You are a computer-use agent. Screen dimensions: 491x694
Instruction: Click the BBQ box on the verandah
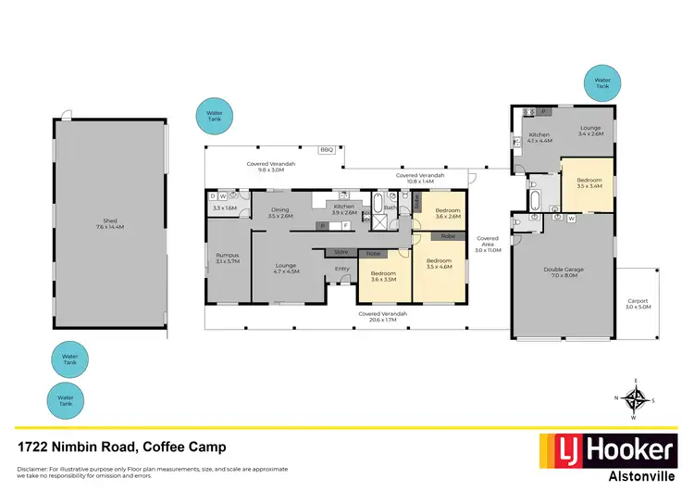(326, 150)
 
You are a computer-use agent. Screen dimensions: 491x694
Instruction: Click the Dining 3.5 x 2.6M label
(280, 212)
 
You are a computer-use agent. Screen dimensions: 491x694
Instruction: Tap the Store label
(341, 251)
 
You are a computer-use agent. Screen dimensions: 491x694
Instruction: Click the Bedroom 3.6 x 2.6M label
(448, 214)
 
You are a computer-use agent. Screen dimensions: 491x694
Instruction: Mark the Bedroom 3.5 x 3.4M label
(589, 183)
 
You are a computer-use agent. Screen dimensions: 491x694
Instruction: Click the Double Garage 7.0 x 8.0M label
(563, 273)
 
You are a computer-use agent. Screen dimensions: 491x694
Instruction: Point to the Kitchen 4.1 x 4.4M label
(539, 138)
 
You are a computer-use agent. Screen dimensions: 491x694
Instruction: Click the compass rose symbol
(635, 399)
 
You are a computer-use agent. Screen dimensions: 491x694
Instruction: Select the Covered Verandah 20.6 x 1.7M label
(383, 316)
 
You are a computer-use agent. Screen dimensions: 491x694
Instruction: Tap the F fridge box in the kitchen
(345, 225)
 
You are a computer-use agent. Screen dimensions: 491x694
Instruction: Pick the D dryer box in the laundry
(213, 196)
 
